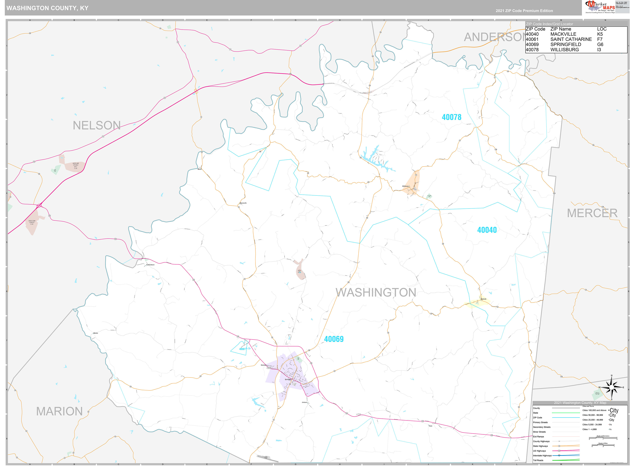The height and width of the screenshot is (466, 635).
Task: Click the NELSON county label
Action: tap(97, 125)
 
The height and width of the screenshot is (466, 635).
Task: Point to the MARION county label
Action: tap(59, 412)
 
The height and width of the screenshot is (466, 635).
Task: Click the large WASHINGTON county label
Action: tap(376, 293)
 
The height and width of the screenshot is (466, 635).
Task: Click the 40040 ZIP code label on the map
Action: tap(487, 230)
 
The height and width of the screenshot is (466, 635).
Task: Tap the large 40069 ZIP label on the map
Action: tap(334, 339)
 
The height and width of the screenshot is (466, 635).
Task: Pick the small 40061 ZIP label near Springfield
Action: tap(242, 349)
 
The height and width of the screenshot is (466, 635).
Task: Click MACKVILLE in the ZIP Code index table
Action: tap(563, 34)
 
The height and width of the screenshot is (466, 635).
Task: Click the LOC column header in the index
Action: tap(602, 29)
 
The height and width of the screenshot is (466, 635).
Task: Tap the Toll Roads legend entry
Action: tap(538, 460)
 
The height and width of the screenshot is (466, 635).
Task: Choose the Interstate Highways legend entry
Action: tap(542, 456)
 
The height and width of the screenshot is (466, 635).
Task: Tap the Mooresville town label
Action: tap(243, 203)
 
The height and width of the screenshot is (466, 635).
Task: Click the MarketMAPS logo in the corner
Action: tap(600, 7)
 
